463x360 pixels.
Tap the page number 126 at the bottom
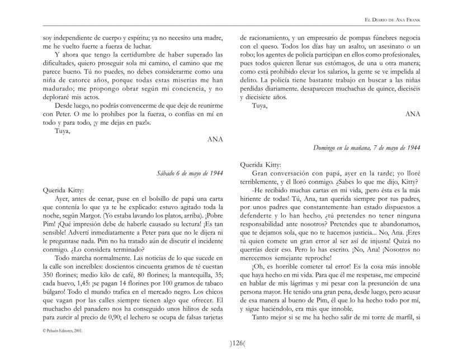pyautogui.click(x=231, y=343)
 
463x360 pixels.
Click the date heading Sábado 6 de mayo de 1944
pyautogui.click(x=190, y=173)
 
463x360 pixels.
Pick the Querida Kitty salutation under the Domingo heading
pyautogui.click(x=261, y=164)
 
